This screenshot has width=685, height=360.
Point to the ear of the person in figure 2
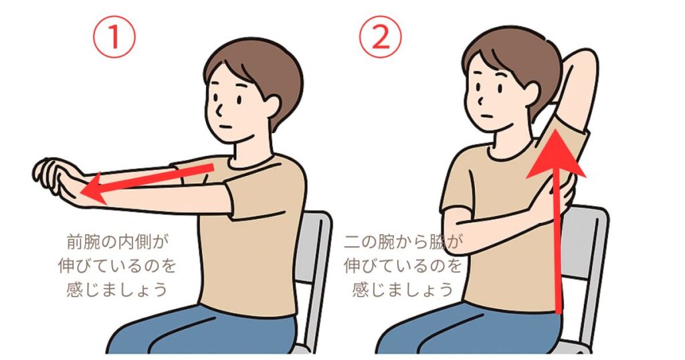[x=532, y=92]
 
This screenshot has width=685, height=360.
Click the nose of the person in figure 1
[x=219, y=109]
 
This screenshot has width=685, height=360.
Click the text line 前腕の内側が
[x=117, y=242]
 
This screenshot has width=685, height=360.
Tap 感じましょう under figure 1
[x=117, y=289]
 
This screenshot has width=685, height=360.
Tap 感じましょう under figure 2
[x=402, y=289]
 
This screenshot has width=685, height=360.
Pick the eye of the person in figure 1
[x=240, y=99]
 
